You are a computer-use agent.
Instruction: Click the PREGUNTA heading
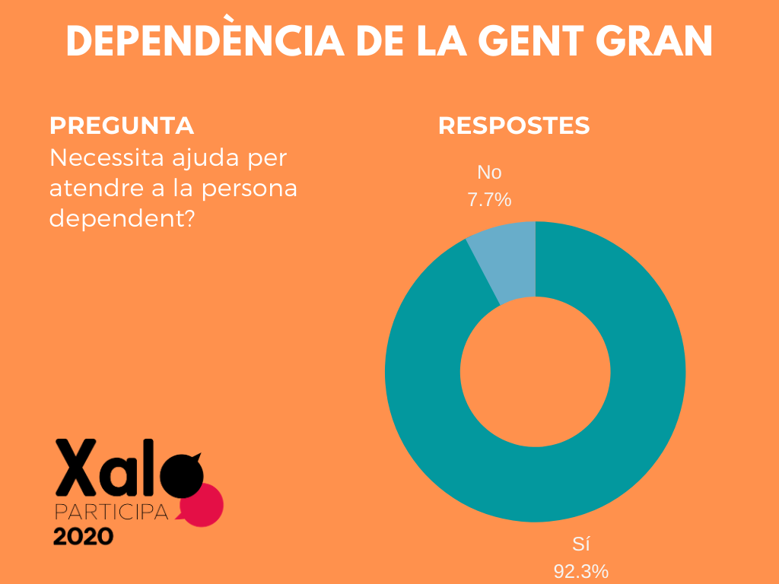(121, 125)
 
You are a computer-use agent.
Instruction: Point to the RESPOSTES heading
(514, 125)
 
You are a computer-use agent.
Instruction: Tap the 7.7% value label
(488, 201)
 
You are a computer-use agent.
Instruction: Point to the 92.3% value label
(581, 571)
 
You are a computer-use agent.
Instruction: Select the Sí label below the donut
(581, 544)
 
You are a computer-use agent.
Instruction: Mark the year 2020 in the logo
(83, 537)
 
